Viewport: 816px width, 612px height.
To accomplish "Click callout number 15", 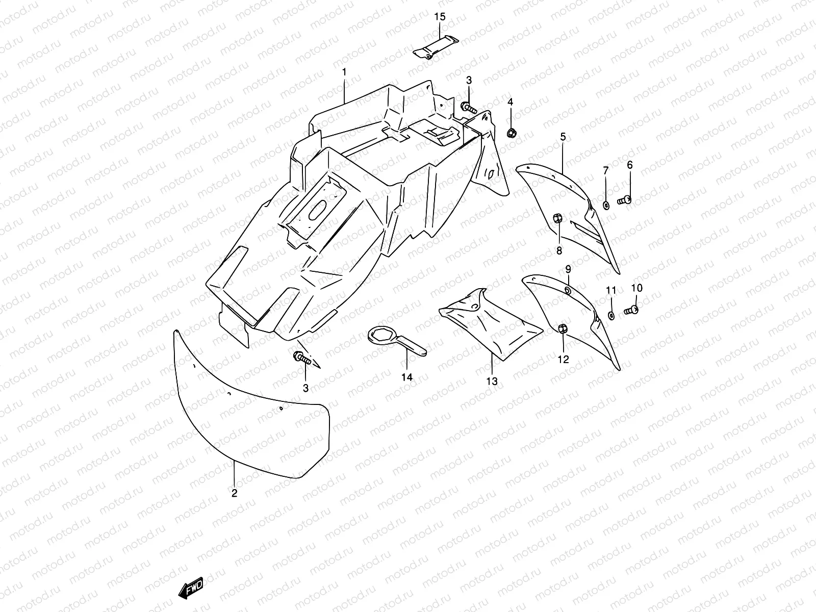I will pos(440,17).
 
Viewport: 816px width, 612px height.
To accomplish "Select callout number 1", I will pos(344,72).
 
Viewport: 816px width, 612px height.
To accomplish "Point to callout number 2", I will pos(234,493).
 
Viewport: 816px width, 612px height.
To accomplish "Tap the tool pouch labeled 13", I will pos(490,321).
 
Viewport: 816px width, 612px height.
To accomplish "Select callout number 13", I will pos(492,381).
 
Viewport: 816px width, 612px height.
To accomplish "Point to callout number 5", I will pos(563,137).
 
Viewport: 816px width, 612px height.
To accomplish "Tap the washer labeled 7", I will pos(606,205).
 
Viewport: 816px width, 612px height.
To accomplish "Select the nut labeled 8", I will pos(558,219).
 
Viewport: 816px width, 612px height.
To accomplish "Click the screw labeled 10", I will pos(632,309).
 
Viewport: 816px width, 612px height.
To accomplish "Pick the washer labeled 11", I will pos(611,316).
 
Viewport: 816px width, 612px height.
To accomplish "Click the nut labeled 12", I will pos(563,329).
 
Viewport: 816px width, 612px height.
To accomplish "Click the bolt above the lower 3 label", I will pos(301,358).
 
